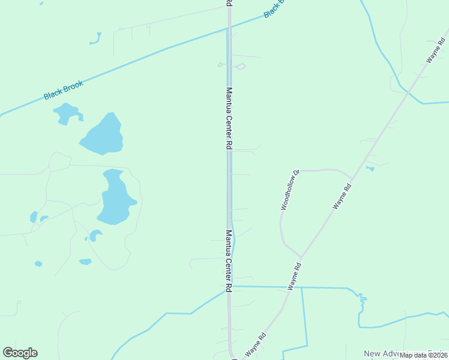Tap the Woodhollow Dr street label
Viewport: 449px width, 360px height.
tap(289, 189)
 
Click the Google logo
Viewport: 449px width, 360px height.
tap(20, 353)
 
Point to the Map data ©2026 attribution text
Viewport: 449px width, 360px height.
tap(424, 355)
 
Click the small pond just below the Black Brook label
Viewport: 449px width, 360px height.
tap(67, 113)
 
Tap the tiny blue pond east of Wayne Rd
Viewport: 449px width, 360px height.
tap(370, 169)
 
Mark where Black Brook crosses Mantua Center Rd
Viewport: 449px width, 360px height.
tap(229, 28)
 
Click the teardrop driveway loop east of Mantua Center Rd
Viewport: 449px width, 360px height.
tap(239, 67)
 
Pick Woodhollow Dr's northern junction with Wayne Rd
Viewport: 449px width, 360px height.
tap(352, 178)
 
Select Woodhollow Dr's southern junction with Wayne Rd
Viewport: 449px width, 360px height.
tap(300, 257)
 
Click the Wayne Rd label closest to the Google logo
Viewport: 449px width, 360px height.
tap(255, 346)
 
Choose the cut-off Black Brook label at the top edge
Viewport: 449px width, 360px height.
tap(273, 8)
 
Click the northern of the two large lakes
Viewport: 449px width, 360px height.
tap(103, 135)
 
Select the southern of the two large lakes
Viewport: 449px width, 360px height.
tap(115, 199)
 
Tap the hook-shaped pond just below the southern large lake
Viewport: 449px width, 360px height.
tap(95, 235)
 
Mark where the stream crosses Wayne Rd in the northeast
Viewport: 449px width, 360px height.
tap(408, 93)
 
